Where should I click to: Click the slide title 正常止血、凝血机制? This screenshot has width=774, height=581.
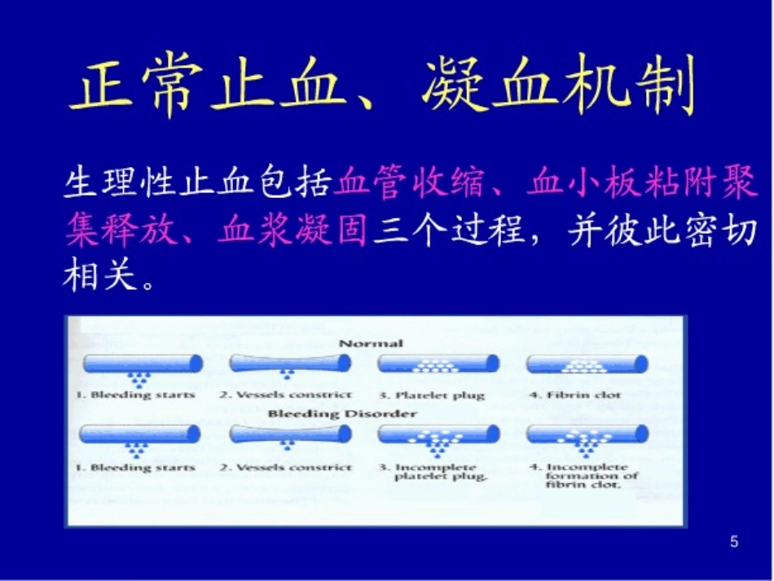(x=383, y=86)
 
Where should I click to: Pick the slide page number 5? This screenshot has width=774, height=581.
(x=734, y=542)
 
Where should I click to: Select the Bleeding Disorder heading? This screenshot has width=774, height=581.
(x=342, y=414)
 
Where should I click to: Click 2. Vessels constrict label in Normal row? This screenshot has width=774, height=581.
(x=285, y=396)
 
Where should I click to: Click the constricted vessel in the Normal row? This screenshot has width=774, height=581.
(x=285, y=363)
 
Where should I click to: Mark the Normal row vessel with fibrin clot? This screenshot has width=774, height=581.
(x=587, y=363)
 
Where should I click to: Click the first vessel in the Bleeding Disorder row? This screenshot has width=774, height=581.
(x=141, y=434)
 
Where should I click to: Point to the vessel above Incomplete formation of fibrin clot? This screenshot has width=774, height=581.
(x=587, y=434)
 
